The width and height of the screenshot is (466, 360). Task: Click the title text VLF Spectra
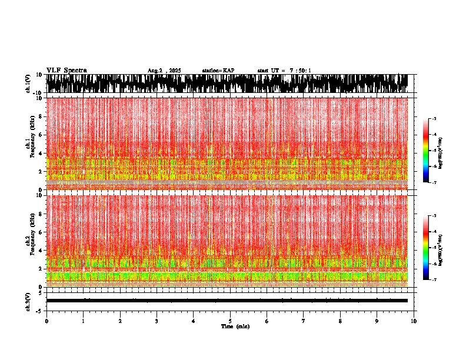66,71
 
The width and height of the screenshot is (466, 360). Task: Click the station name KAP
218,71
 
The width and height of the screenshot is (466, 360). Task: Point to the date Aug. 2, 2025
164,71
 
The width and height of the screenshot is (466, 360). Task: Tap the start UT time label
284,71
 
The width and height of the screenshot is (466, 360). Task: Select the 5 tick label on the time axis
230,321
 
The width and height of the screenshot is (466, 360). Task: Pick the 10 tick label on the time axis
414,321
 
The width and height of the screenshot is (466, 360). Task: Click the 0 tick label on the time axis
46,321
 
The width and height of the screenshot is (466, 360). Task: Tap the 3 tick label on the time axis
157,321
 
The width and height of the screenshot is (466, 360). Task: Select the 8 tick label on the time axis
340,321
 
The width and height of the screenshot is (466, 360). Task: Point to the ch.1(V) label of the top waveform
28,84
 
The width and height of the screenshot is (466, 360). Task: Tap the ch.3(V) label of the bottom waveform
28,301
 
